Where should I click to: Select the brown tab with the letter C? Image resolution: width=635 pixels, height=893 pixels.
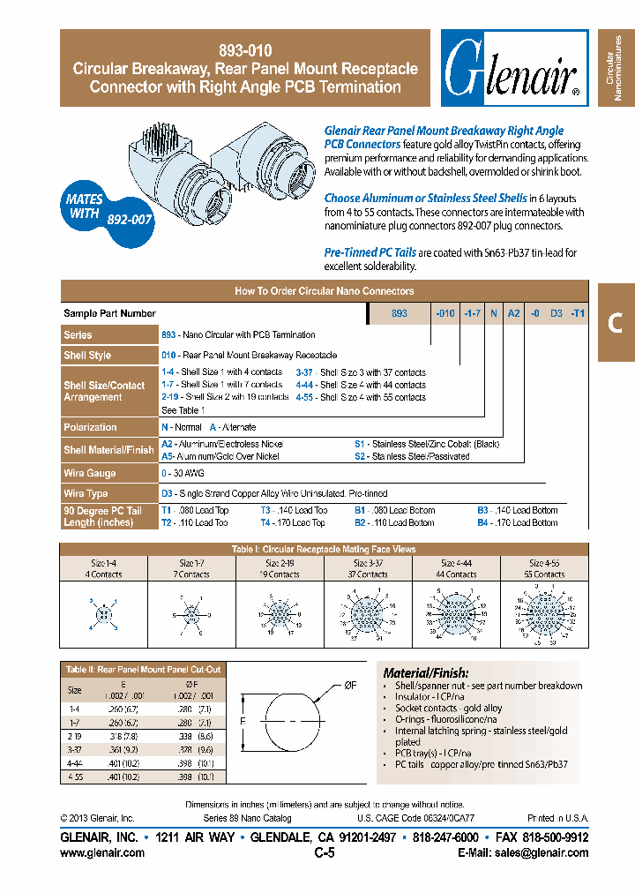point(616,323)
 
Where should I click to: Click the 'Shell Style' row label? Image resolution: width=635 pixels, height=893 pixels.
point(87,355)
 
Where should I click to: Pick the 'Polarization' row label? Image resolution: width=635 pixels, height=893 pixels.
point(90,427)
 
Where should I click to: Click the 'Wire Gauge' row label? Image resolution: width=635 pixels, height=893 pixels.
point(89,474)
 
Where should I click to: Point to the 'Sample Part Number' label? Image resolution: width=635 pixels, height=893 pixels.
point(110,313)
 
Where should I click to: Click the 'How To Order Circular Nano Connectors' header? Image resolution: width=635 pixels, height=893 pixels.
point(324,290)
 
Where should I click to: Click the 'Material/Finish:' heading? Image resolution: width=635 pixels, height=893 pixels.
point(426,672)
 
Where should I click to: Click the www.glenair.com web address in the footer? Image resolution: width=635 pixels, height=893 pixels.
point(101,852)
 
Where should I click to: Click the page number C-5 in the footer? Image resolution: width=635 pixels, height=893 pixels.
point(324,852)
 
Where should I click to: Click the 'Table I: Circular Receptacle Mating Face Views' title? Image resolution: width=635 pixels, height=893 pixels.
point(324,549)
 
